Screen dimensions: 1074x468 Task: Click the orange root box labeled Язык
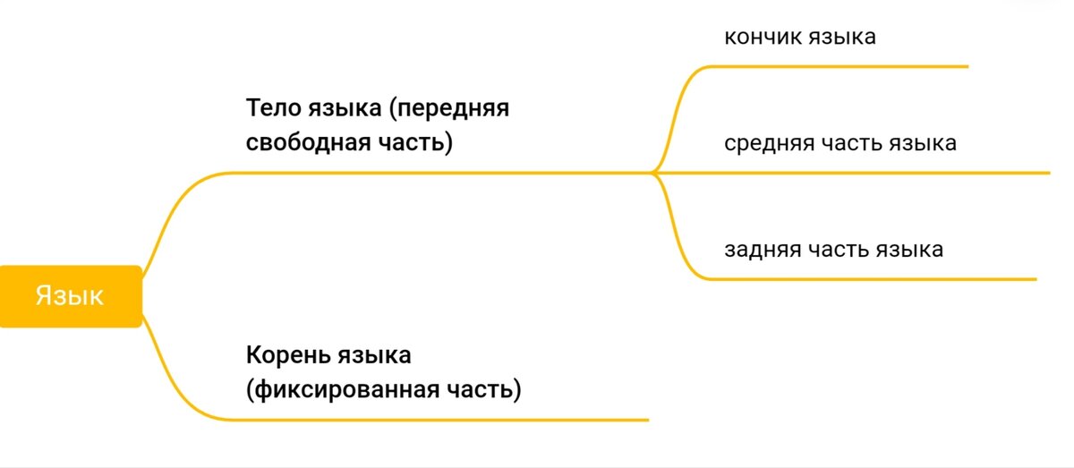point(70,296)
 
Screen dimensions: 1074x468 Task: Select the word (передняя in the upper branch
point(449,109)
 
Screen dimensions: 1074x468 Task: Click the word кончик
point(763,37)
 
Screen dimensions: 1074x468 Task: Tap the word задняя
point(762,249)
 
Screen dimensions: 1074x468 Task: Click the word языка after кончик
point(842,37)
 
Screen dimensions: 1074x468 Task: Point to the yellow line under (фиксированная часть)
point(447,419)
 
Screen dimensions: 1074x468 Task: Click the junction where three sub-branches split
point(655,172)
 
